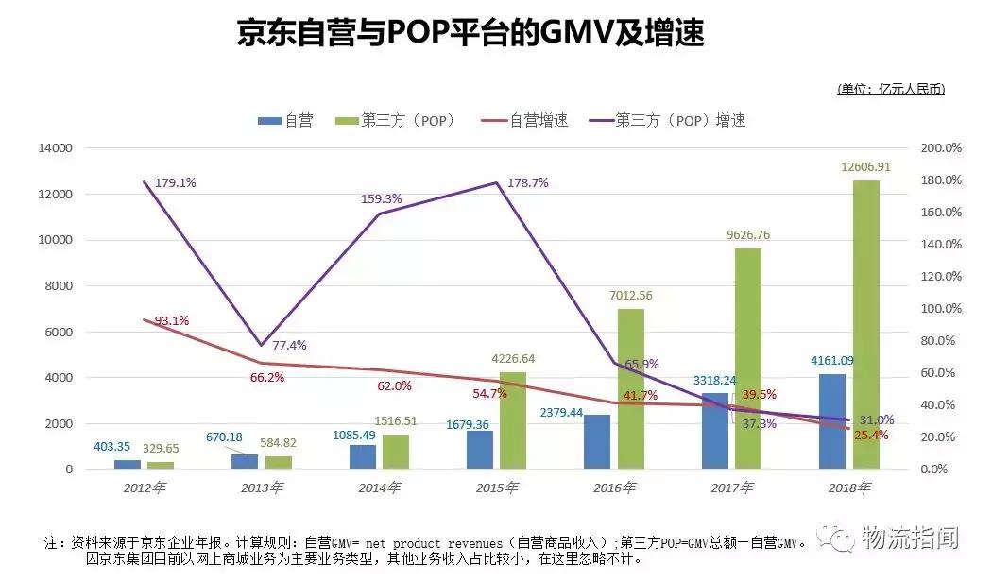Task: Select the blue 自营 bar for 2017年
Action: pyautogui.click(x=715, y=431)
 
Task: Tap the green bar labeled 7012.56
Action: pyautogui.click(x=631, y=388)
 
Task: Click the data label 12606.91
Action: pyautogui.click(x=865, y=167)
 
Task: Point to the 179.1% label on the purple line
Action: pyautogui.click(x=175, y=182)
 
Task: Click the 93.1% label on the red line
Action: pyautogui.click(x=171, y=320)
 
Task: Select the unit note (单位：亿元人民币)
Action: pyautogui.click(x=890, y=89)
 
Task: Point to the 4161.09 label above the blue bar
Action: pyautogui.click(x=832, y=360)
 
